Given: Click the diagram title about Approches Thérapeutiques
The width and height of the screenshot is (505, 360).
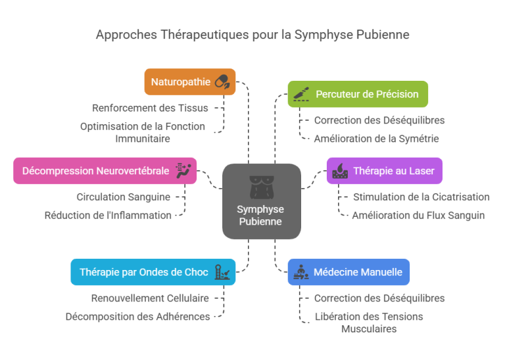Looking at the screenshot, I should click(252, 34).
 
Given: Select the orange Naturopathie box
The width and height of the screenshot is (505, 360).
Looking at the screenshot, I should click(189, 82).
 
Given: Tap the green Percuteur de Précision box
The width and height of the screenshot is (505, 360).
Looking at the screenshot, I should click(358, 94).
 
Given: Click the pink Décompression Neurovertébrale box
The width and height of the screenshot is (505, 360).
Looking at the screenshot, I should click(105, 171).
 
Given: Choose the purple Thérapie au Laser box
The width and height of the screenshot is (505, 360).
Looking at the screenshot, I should click(385, 171).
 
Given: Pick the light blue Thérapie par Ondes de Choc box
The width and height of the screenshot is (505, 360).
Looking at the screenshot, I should click(153, 272).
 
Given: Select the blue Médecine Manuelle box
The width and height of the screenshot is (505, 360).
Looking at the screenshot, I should click(349, 272).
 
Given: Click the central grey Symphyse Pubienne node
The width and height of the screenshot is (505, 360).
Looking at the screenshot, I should click(261, 201).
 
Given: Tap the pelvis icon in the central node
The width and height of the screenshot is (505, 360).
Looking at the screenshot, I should click(261, 187).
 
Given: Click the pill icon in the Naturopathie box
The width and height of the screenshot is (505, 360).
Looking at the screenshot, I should click(222, 82).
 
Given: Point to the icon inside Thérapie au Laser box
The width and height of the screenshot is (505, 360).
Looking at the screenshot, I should click(340, 171).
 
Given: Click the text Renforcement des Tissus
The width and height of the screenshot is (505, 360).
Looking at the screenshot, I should click(151, 108).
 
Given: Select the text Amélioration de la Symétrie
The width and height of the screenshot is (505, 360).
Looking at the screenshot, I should click(376, 139).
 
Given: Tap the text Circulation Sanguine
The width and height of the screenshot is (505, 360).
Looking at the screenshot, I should click(124, 196).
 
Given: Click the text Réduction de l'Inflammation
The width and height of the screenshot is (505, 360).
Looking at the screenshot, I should click(108, 215).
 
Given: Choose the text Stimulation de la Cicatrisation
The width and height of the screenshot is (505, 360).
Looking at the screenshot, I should click(421, 196).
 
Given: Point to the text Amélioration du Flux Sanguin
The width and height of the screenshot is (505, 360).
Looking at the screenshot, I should click(418, 215).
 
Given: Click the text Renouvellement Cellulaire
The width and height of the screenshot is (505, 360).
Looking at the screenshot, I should click(150, 298).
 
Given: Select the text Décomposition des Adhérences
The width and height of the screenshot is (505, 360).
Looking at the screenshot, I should click(137, 317).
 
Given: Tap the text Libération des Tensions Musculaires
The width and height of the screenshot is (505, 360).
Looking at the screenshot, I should click(369, 323).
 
